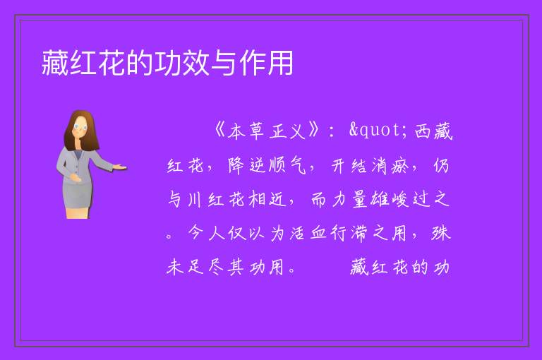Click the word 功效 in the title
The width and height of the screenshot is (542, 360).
[x=181, y=63]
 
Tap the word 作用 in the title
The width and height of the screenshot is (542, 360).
[x=266, y=63]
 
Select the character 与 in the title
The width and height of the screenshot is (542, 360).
[x=224, y=63]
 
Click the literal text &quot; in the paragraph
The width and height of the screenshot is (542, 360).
[x=378, y=131]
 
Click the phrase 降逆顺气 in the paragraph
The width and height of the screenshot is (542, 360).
[x=267, y=165]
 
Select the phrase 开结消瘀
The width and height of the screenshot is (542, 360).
[x=370, y=165]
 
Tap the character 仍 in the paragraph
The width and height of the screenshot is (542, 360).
[x=441, y=165]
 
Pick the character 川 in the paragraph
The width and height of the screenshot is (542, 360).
[x=195, y=199]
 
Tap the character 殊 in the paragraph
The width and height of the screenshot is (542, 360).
[x=440, y=233]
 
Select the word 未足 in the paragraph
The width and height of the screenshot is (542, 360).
[x=185, y=267]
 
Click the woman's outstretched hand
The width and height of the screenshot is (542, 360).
[x=119, y=167]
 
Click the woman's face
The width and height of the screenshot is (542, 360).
[x=80, y=127]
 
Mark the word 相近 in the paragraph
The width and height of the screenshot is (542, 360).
[x=267, y=199]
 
